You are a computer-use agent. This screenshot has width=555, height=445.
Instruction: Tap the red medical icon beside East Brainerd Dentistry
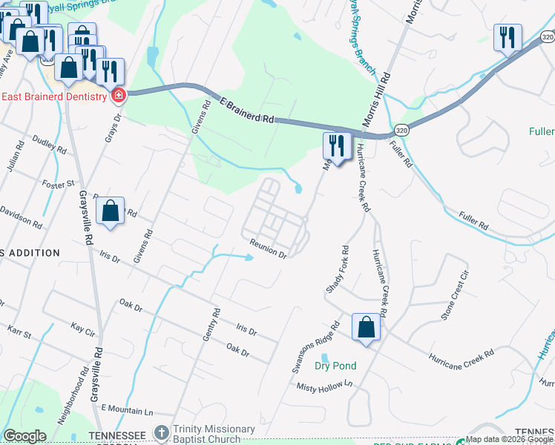click(x=118, y=95)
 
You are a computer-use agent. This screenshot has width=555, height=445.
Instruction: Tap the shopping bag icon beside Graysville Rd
click(x=110, y=211)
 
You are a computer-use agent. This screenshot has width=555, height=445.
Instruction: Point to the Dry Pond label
click(x=335, y=366)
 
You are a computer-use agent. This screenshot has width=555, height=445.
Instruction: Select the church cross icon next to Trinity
click(x=161, y=432)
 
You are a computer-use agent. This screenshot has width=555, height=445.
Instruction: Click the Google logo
click(x=25, y=436)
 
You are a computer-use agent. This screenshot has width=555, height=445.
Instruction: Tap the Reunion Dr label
click(x=268, y=248)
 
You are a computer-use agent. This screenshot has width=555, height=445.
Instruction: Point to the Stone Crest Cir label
click(x=456, y=295)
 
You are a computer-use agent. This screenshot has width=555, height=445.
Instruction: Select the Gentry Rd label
click(x=212, y=325)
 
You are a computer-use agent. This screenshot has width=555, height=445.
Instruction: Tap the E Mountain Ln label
click(x=127, y=410)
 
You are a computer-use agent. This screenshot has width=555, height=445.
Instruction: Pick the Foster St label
click(x=59, y=182)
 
